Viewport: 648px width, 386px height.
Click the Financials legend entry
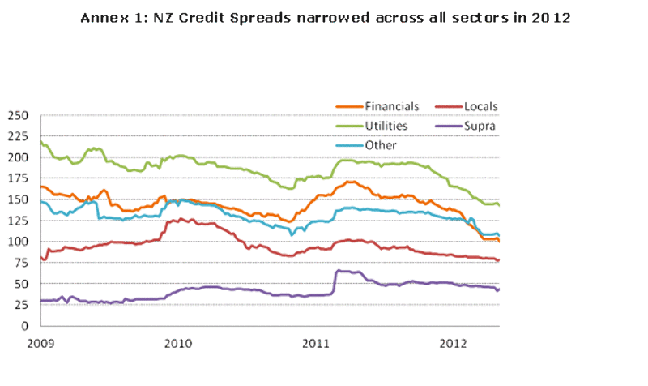pos(391,106)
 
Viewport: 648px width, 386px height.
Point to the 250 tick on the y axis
pos(19,115)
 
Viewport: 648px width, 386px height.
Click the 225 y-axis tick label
pos(19,136)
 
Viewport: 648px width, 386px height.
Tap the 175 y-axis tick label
pos(19,178)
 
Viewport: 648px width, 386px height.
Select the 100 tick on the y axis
pos(19,242)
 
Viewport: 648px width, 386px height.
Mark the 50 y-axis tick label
pos(22,284)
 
